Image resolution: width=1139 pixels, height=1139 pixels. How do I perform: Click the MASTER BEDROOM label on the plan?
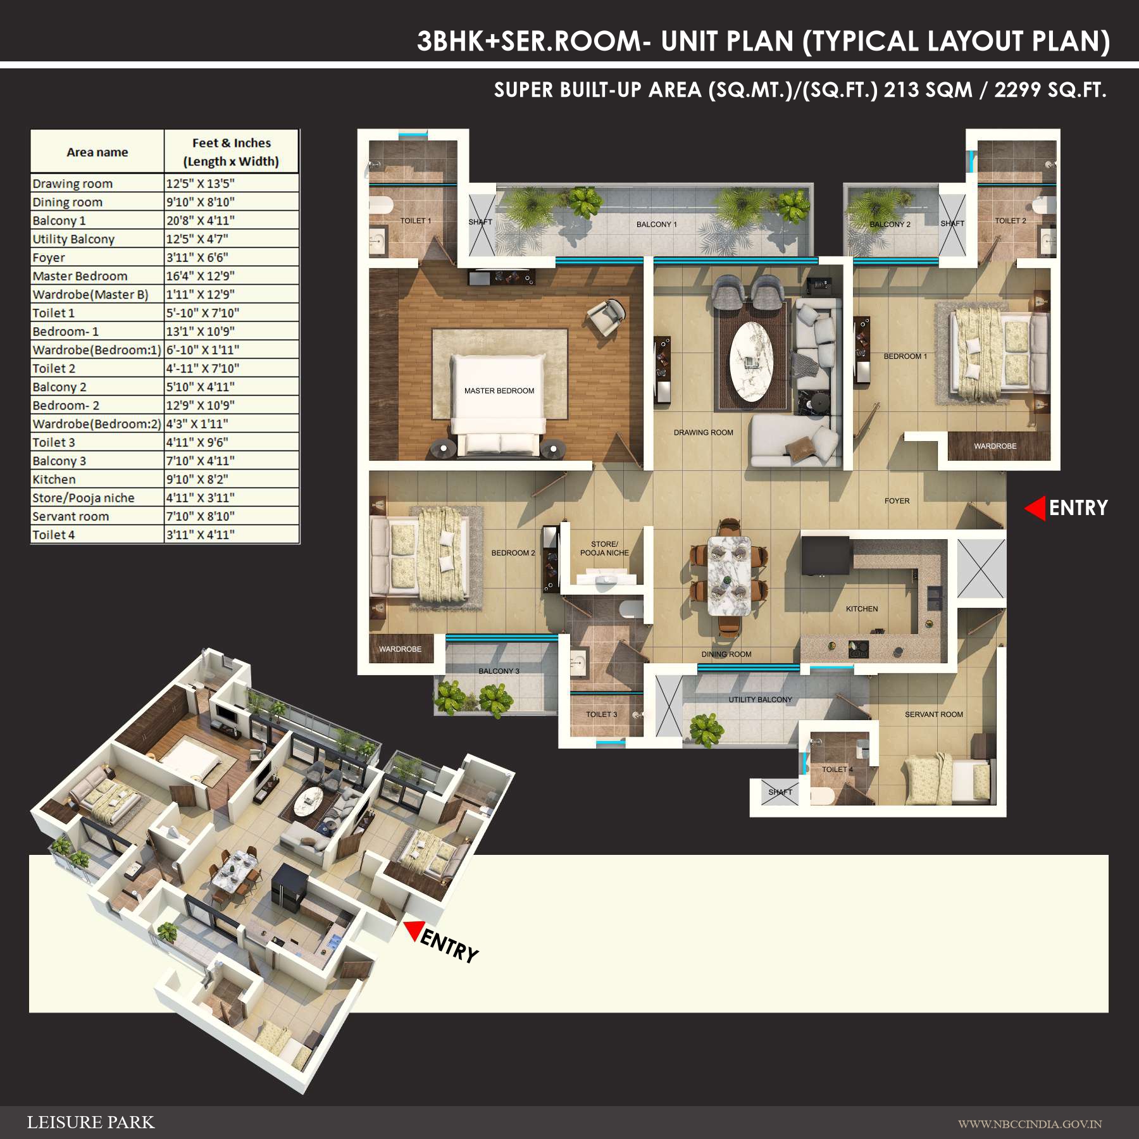click(499, 391)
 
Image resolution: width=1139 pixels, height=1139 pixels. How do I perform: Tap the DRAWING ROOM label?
click(703, 433)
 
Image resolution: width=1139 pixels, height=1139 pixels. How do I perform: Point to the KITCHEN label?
click(861, 609)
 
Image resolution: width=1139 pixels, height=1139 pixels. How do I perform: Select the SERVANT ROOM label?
click(933, 714)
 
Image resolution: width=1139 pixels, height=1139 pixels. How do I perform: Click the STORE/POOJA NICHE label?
click(604, 549)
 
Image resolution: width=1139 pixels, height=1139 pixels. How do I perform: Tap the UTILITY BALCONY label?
click(760, 700)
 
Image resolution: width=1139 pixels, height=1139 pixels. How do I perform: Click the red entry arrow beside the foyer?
click(1036, 508)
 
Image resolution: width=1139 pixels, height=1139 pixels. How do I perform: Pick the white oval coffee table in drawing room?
click(752, 361)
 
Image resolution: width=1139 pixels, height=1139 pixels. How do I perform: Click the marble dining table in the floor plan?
click(729, 575)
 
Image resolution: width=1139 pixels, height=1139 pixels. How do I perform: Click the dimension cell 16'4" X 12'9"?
click(200, 276)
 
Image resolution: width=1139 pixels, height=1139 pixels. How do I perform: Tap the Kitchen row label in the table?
click(54, 480)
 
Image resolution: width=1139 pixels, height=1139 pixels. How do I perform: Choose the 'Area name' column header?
click(97, 152)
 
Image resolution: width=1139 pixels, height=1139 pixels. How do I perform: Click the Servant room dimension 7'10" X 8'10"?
click(200, 516)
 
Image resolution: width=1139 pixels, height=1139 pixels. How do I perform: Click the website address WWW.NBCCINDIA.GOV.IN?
click(1030, 1124)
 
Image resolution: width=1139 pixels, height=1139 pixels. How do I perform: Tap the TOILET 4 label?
click(837, 769)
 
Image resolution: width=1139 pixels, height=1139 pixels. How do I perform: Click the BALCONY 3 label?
click(499, 671)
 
